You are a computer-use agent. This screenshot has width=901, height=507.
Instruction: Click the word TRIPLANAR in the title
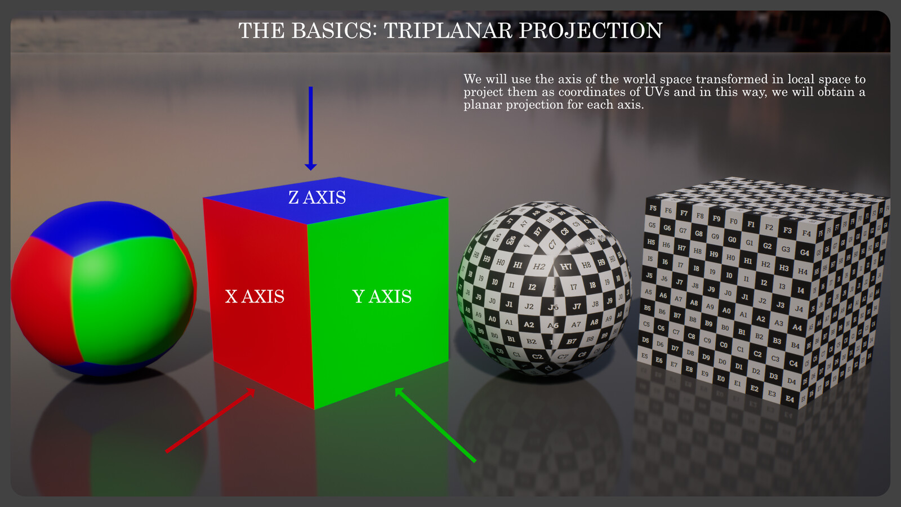click(x=448, y=30)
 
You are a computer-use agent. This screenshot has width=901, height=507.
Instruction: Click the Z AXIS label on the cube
click(x=317, y=198)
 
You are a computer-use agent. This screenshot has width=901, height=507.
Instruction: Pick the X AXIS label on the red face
click(x=255, y=296)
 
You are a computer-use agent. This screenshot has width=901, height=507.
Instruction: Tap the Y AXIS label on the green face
click(x=382, y=296)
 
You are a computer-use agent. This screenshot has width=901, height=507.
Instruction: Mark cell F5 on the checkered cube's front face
click(x=653, y=208)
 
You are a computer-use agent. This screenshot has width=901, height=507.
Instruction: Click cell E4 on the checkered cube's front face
click(x=790, y=399)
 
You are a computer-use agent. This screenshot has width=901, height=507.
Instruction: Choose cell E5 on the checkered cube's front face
click(x=645, y=355)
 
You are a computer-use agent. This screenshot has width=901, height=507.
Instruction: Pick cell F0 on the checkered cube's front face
click(x=733, y=221)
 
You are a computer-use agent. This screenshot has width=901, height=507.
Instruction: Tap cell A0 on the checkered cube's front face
click(x=726, y=310)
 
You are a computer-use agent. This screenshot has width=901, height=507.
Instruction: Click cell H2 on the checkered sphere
click(x=539, y=266)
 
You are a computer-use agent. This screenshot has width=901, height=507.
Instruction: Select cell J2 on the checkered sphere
click(x=529, y=306)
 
